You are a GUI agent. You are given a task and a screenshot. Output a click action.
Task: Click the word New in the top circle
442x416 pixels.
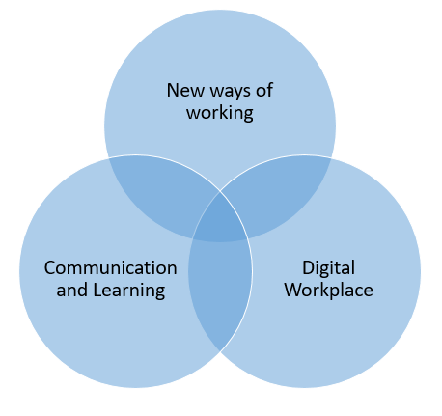[185, 90]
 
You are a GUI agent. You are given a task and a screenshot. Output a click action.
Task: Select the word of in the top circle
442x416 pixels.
[264, 90]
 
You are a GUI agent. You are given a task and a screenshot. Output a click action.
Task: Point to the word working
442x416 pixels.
[220, 114]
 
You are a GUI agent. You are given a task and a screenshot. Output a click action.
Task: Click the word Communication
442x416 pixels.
[111, 267]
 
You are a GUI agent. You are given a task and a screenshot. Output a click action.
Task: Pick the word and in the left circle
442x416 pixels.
[72, 290]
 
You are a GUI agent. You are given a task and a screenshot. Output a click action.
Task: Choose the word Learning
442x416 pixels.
[129, 291]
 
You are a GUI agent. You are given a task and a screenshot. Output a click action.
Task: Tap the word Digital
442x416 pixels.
[328, 269]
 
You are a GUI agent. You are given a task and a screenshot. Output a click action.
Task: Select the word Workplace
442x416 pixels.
[329, 290]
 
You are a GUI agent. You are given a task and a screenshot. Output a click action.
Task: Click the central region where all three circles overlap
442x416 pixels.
[220, 220]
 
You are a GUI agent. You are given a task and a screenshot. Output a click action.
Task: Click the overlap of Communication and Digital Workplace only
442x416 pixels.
[220, 290]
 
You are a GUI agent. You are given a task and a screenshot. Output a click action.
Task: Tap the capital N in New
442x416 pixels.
[173, 90]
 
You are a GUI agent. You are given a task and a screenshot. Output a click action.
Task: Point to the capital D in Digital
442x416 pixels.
[308, 267]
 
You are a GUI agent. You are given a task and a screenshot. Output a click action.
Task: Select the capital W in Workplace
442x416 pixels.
[293, 290]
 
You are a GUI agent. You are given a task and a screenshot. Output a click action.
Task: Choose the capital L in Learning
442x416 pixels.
[97, 290]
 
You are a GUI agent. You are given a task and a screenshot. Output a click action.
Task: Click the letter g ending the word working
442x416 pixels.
[248, 116]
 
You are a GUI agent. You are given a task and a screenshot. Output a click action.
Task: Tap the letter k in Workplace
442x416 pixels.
[325, 290]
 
